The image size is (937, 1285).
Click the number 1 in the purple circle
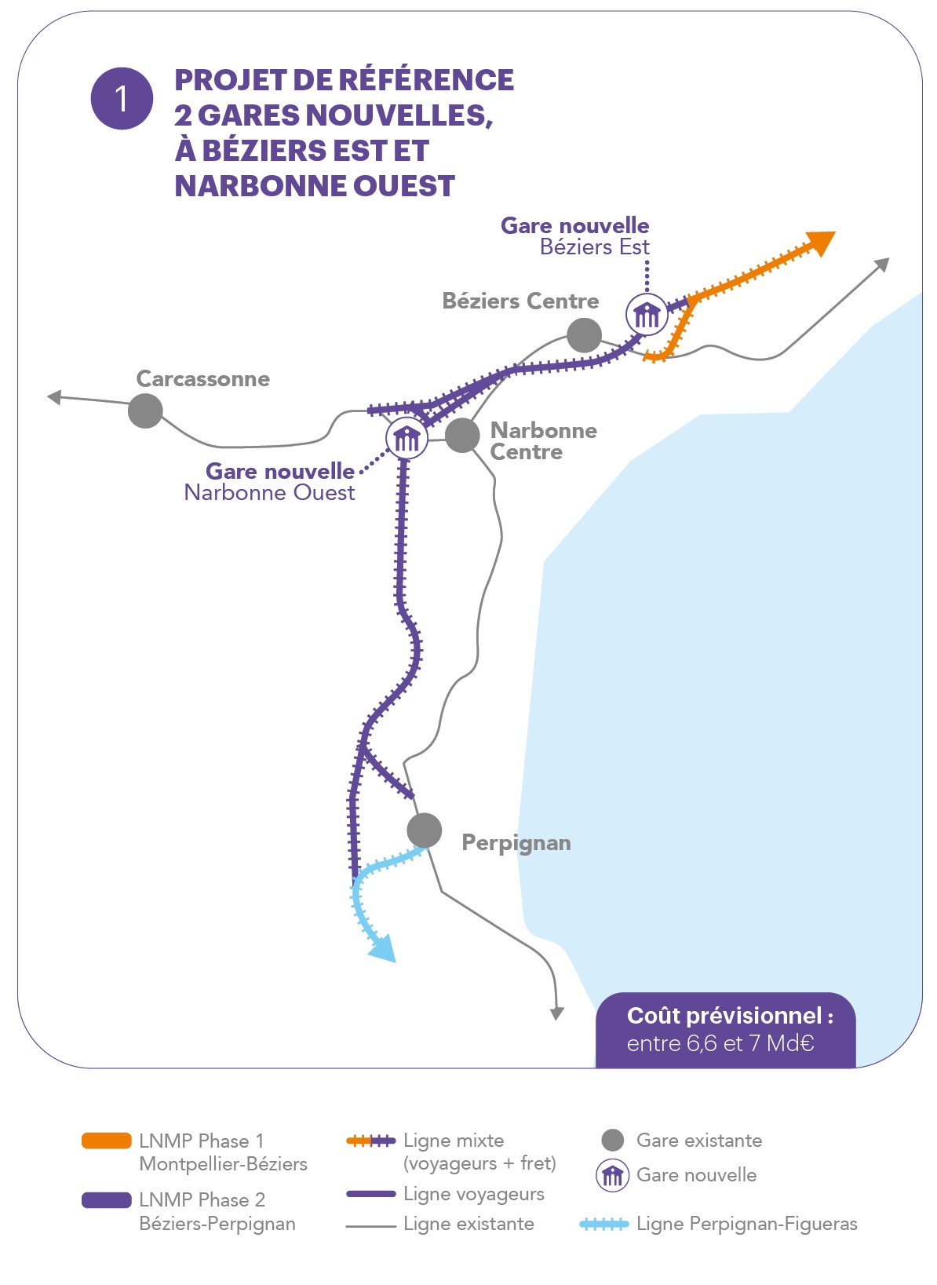tap(122, 98)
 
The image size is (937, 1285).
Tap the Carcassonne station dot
tap(145, 411)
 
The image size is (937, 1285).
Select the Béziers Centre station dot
tap(584, 335)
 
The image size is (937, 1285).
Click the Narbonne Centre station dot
tap(462, 435)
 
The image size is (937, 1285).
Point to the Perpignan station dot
tap(425, 830)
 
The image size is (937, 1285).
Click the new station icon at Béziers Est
tap(647, 315)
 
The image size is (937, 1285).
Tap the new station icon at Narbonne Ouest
tap(407, 438)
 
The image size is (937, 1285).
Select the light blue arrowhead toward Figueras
tap(384, 950)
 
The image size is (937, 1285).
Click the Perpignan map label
tap(516, 843)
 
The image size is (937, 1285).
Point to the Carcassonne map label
tap(202, 379)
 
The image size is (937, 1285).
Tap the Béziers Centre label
tap(520, 301)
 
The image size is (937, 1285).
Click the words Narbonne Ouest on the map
tap(269, 493)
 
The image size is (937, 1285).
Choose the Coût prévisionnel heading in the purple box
tap(730, 1016)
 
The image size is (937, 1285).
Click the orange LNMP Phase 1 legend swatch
tap(107, 1141)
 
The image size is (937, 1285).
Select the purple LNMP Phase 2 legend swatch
tap(107, 1200)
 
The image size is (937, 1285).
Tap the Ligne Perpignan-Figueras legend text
tap(746, 1224)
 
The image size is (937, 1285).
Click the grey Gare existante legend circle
tap(612, 1141)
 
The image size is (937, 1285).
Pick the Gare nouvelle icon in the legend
tap(612, 1175)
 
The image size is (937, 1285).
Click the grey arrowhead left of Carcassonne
tap(54, 396)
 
